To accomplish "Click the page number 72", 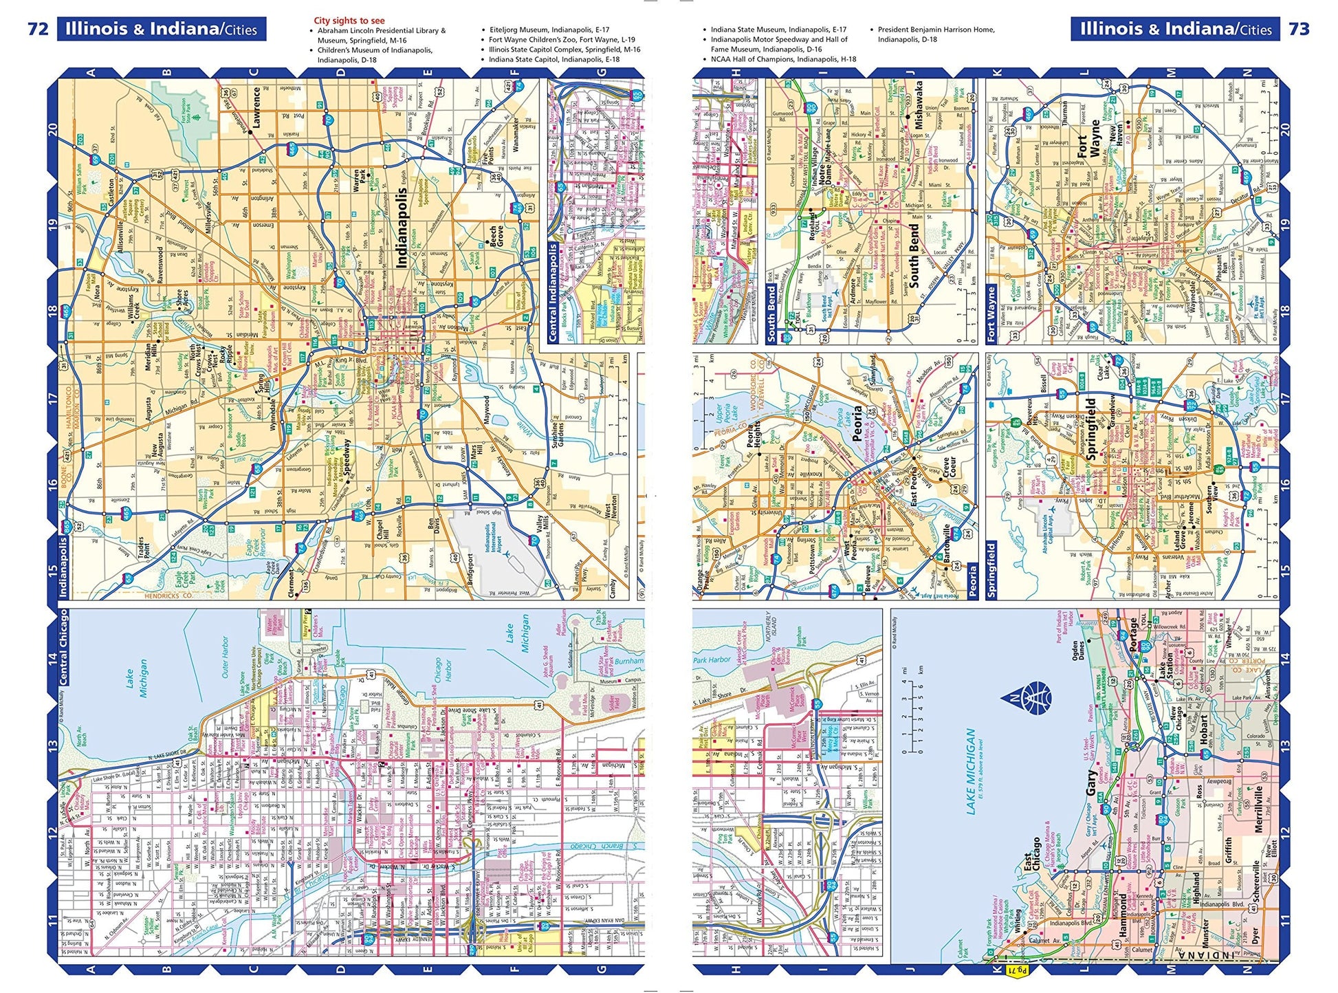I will pyautogui.click(x=38, y=29).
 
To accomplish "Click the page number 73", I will pyautogui.click(x=1299, y=29).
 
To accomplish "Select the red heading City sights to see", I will pyautogui.click(x=349, y=21).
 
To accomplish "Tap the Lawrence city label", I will pyautogui.click(x=256, y=106).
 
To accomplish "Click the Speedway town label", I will pyautogui.click(x=347, y=459).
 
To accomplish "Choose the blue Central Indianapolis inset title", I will pyautogui.click(x=553, y=292).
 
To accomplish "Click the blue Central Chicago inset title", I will pyautogui.click(x=64, y=646).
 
